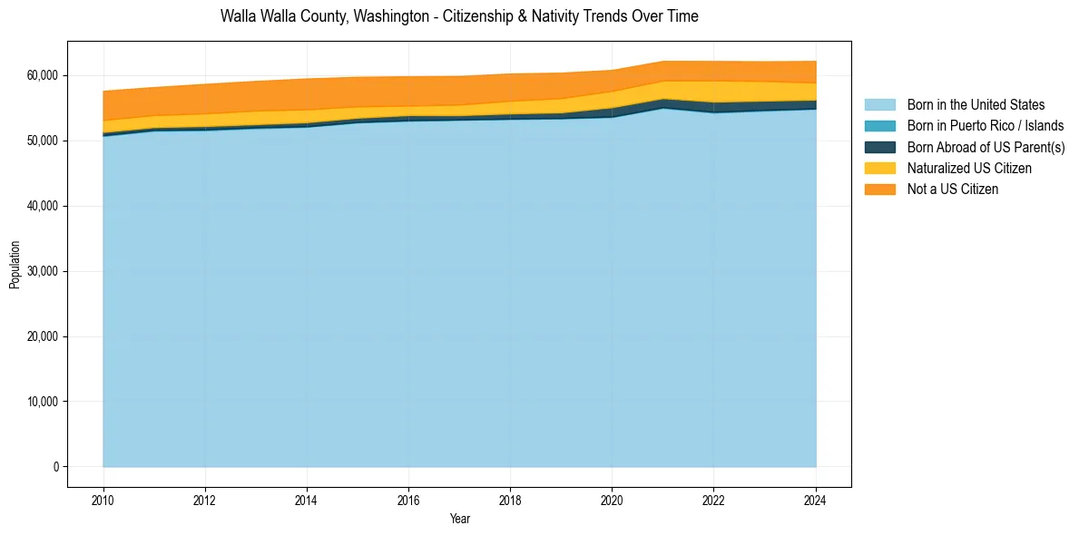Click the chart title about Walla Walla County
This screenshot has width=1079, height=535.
(459, 16)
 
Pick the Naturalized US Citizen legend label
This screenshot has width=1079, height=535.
(968, 168)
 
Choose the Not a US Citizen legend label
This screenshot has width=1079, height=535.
(952, 189)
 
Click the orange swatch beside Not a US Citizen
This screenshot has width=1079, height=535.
(879, 189)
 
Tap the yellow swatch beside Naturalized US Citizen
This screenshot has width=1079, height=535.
(879, 168)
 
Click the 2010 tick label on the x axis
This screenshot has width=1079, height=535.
(103, 498)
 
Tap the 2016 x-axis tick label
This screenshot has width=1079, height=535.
(408, 498)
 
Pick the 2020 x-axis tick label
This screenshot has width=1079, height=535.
(612, 498)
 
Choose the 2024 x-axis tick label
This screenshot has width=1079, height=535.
(816, 498)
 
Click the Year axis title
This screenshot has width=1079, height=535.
(459, 519)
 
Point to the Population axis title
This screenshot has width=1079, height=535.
(15, 265)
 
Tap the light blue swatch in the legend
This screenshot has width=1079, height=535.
(879, 105)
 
